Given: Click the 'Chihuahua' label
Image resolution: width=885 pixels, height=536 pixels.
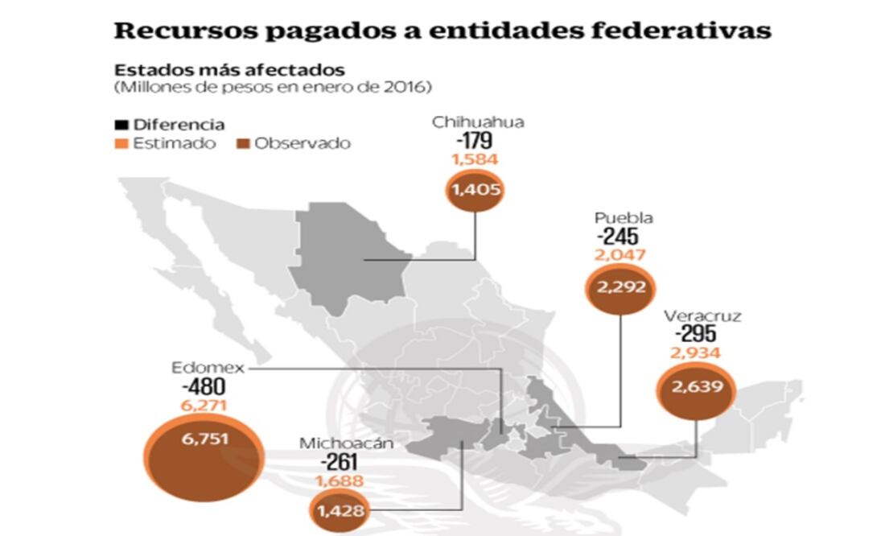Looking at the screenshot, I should pyautogui.click(x=478, y=122).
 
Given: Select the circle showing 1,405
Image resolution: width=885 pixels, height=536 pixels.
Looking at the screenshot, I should pyautogui.click(x=475, y=190).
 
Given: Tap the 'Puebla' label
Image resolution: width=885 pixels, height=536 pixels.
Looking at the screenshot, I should pyautogui.click(x=624, y=218).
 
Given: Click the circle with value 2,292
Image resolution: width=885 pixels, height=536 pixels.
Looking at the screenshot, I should pyautogui.click(x=621, y=287).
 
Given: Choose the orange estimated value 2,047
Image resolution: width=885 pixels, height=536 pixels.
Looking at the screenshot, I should pyautogui.click(x=620, y=255).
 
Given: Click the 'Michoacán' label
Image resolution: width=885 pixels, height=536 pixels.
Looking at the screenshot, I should pyautogui.click(x=337, y=443).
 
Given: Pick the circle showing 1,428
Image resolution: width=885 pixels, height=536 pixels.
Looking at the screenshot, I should pyautogui.click(x=340, y=510).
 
